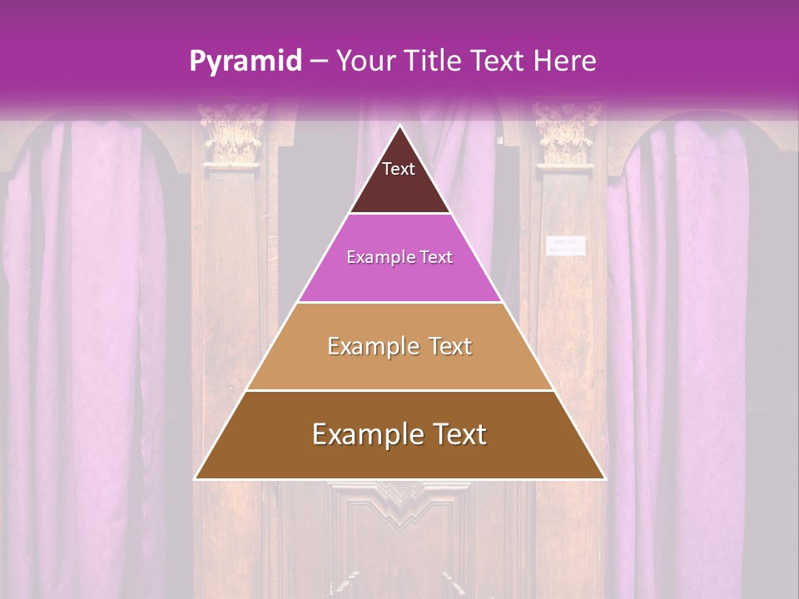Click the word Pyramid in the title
246,62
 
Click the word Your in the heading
364,61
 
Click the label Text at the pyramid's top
399,169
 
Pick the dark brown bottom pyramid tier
399,458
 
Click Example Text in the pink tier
399,258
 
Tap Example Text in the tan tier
399,346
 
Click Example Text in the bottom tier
399,434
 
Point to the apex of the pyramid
400,127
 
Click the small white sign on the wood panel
566,245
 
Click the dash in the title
319,61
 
